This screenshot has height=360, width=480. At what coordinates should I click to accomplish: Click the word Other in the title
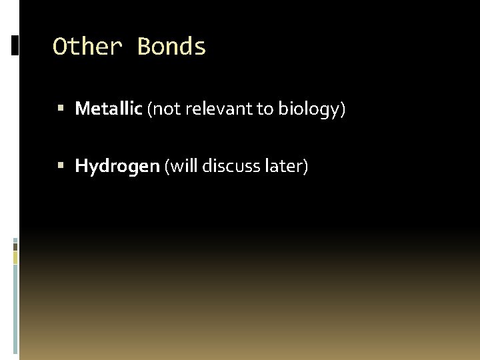(x=87, y=47)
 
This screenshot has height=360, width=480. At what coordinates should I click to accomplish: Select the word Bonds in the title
(x=172, y=47)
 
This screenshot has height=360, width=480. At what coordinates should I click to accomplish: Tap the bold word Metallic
(x=109, y=109)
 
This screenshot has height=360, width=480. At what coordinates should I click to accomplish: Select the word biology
(x=309, y=109)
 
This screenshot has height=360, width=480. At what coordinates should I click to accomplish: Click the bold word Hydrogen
(x=117, y=166)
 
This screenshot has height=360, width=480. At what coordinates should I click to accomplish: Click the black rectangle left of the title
(x=15, y=45)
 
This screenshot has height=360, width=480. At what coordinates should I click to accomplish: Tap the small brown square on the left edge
(x=15, y=246)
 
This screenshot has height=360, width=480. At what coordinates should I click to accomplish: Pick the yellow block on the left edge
(x=15, y=257)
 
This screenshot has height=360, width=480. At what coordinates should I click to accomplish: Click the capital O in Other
(x=60, y=47)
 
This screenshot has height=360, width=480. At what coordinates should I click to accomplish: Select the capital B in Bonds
(x=144, y=47)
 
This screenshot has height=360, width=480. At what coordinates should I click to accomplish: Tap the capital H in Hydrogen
(x=82, y=165)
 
